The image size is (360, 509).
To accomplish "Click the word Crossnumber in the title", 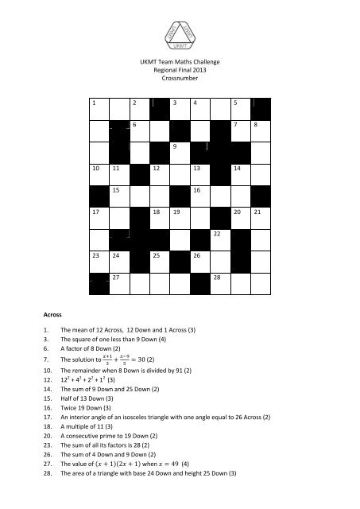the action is (180, 80).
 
